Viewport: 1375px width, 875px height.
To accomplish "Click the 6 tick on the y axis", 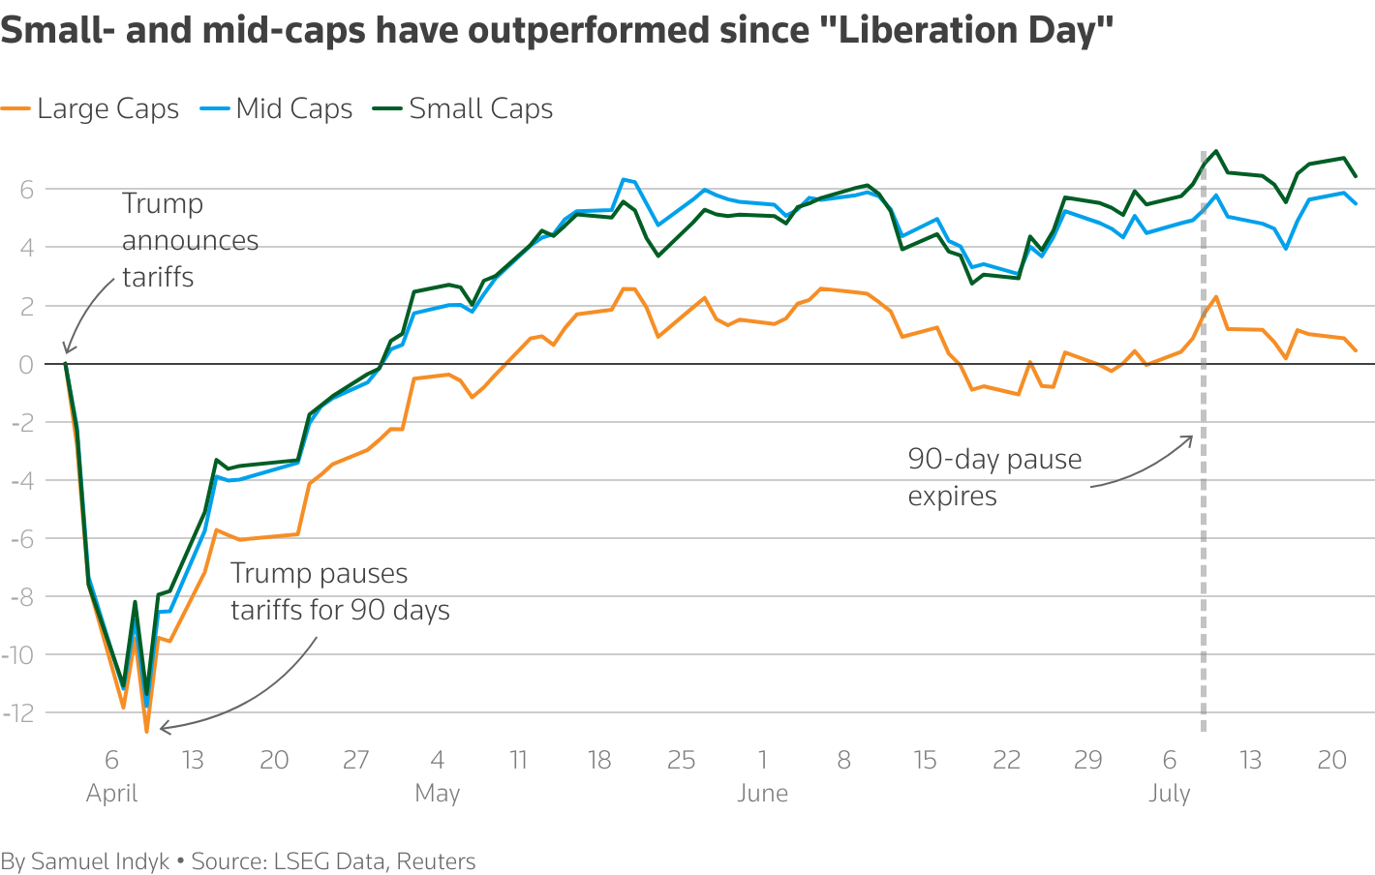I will (x=25, y=190).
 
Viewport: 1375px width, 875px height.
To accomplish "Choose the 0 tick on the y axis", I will (x=25, y=364).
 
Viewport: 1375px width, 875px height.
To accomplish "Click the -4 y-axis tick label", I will (x=21, y=480).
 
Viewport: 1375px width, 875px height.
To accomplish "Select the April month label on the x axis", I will (x=111, y=794).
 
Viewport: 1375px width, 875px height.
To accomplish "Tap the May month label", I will (x=437, y=794).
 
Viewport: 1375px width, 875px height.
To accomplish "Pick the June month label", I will (x=762, y=794).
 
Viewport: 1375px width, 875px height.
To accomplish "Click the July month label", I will (x=1169, y=794).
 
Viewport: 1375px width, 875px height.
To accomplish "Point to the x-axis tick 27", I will (x=355, y=760).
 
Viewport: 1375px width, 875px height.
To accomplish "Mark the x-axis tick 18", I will (x=599, y=760).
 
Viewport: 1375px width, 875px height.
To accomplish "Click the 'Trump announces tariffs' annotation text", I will (x=190, y=240).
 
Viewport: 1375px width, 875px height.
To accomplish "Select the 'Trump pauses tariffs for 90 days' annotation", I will (x=339, y=591).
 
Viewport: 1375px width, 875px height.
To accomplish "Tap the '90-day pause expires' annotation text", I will (x=993, y=477).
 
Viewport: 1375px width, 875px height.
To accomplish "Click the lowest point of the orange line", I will (x=147, y=731).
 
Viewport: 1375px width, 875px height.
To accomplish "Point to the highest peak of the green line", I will (x=1216, y=151).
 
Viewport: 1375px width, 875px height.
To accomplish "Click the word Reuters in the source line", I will (x=436, y=861).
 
